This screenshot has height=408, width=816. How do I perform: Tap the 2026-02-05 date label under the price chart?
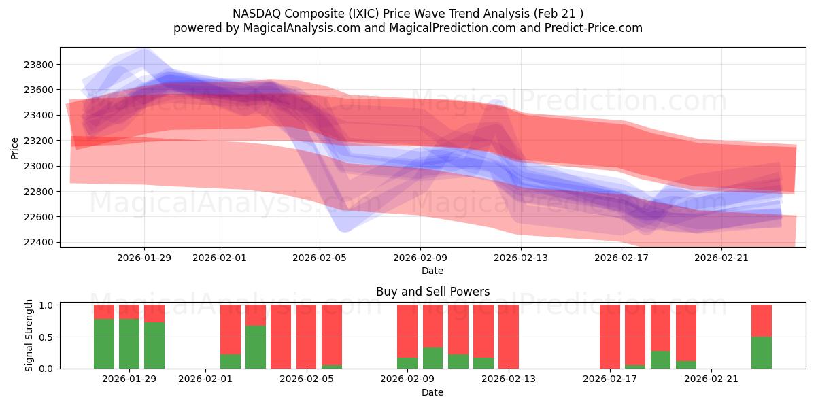320,258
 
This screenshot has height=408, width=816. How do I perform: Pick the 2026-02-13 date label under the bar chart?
509,379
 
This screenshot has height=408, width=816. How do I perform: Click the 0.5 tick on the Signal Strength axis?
48,337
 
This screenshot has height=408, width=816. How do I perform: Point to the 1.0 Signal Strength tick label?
48,305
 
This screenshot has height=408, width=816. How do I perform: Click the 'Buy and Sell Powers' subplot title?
432,292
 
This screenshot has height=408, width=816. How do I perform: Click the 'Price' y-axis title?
15,147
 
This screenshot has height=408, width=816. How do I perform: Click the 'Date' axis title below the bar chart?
432,392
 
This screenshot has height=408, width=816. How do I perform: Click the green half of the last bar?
762,353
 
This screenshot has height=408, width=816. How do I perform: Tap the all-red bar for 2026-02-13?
509,337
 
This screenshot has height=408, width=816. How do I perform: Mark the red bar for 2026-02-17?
610,337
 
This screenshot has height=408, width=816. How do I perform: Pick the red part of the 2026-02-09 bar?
407,330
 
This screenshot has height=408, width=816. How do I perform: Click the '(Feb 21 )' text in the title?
557,14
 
